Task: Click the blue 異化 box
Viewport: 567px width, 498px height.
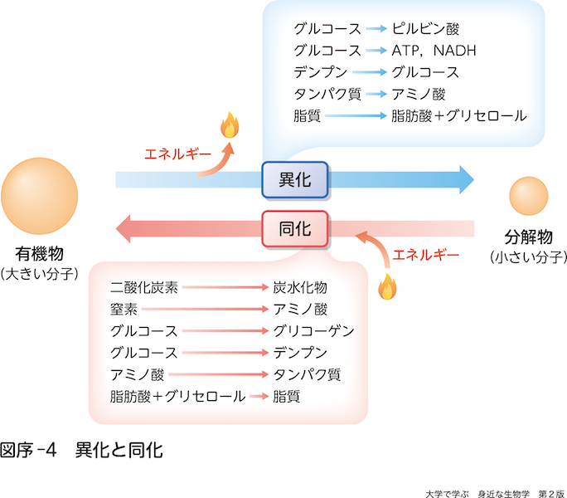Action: tap(295, 179)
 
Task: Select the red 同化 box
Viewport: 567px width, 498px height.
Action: tap(295, 228)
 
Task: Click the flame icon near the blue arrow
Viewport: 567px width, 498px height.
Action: tap(229, 126)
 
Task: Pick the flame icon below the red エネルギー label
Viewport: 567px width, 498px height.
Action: tap(385, 286)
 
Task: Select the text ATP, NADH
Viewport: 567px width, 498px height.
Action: tap(434, 50)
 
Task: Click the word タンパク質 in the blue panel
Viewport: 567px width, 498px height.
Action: tap(327, 94)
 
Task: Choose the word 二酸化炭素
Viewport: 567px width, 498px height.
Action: tap(144, 288)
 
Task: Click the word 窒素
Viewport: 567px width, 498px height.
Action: tap(123, 310)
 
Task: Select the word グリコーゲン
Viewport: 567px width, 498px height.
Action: tap(313, 331)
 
